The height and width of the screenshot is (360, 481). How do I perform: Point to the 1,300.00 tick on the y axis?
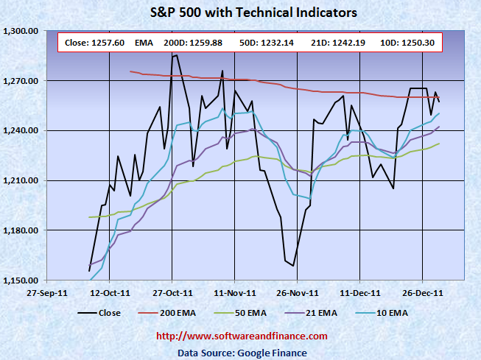click(21, 31)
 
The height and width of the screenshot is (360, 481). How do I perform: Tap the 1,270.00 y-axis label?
click(21, 81)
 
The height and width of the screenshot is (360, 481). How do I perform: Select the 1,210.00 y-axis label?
click(21, 181)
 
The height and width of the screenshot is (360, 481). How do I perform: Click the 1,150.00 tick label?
click(21, 281)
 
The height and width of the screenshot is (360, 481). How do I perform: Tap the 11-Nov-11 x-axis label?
click(234, 292)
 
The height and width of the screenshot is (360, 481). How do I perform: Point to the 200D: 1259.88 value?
click(193, 43)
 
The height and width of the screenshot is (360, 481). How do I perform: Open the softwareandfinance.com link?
click(243, 336)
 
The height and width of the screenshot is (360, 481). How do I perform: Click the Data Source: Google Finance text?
click(243, 353)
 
